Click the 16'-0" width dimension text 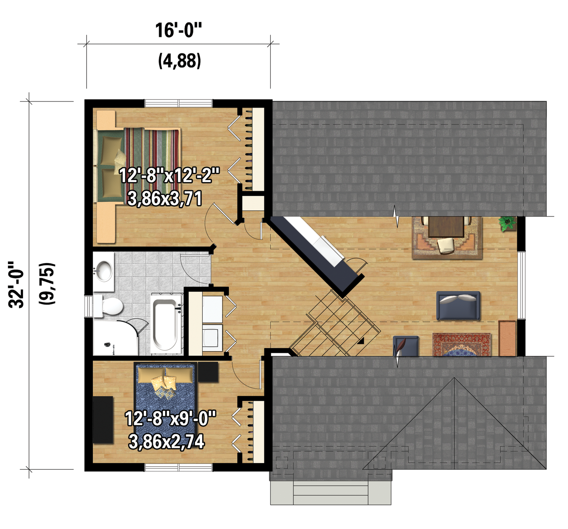coord(178,30)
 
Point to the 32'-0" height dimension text coord(16,284)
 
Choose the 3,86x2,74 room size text coord(166,441)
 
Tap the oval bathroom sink coord(104,271)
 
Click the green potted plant coord(507,224)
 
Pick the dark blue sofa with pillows coord(458,305)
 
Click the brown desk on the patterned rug coord(446,227)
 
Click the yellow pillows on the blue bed coord(163,386)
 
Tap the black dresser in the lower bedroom coord(103,420)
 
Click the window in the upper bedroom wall coord(179,103)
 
